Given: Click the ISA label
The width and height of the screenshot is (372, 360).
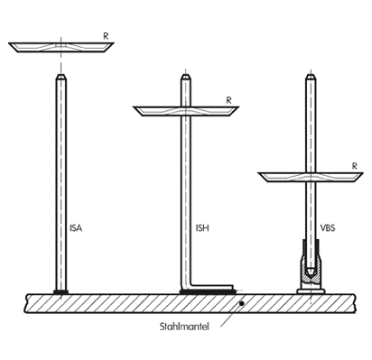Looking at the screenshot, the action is click(x=76, y=228).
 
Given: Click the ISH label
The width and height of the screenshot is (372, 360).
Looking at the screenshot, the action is click(x=202, y=228).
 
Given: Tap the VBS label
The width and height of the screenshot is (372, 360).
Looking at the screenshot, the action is click(x=328, y=228).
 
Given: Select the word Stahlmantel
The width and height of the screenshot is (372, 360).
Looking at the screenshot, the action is click(x=184, y=327).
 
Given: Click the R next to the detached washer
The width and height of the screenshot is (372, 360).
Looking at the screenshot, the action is click(x=106, y=36).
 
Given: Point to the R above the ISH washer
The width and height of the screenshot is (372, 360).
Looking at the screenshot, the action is click(x=229, y=100).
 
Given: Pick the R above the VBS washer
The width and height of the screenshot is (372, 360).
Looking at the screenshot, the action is click(x=355, y=166).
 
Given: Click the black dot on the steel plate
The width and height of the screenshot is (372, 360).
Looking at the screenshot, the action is click(x=241, y=303).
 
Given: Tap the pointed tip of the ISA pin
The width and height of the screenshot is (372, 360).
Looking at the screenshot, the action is click(x=61, y=75).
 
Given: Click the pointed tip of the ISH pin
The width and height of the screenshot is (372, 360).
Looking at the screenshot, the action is click(x=186, y=75).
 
